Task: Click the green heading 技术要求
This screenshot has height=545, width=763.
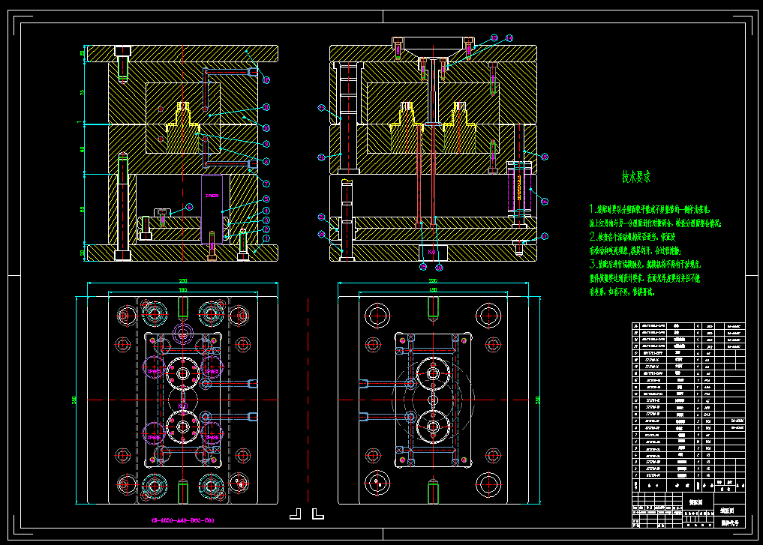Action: tap(635, 177)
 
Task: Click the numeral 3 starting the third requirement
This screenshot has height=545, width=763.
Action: tap(592, 264)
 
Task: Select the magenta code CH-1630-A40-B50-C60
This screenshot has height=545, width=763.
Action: tap(183, 520)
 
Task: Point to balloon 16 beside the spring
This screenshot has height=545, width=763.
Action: tap(545, 200)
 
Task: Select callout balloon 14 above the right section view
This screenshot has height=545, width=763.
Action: tap(509, 37)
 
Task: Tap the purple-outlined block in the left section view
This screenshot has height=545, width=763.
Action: tap(212, 208)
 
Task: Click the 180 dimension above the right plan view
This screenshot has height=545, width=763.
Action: tap(433, 289)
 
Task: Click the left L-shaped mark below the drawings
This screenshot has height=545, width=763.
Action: tap(296, 514)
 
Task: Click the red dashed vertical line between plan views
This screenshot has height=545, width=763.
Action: tap(309, 397)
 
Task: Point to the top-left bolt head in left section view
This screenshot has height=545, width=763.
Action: tap(122, 52)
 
